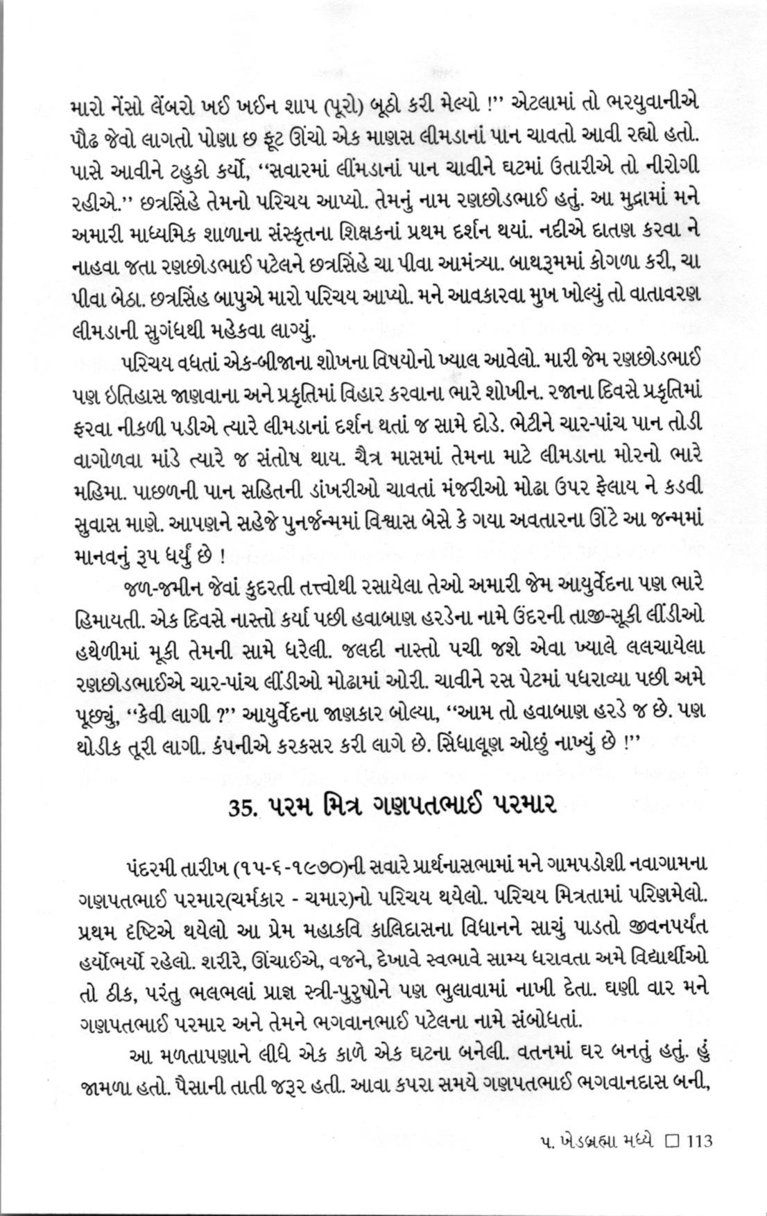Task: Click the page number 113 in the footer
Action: [698, 1141]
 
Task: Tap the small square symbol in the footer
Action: [671, 1141]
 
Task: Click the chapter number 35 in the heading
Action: [243, 808]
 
